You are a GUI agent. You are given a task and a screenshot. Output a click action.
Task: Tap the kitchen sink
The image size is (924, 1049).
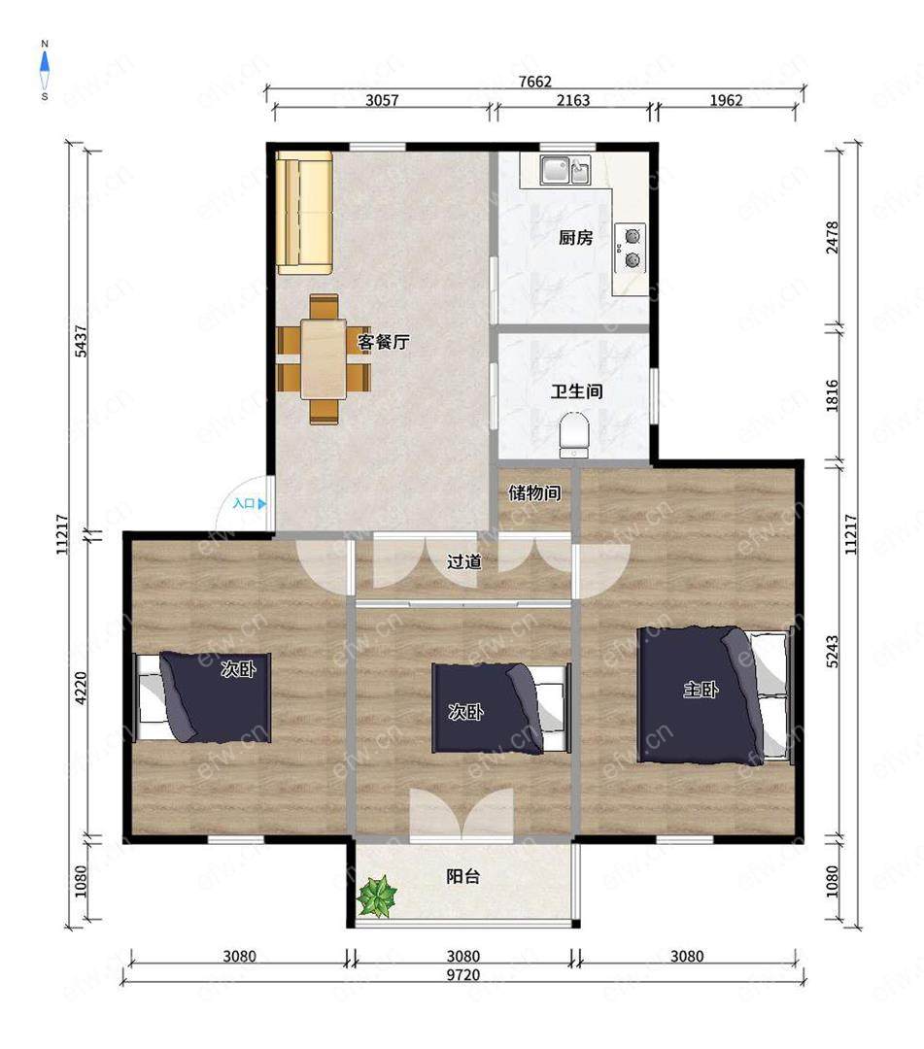(x=565, y=170)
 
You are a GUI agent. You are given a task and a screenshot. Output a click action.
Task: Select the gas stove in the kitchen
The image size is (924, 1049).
(x=631, y=249)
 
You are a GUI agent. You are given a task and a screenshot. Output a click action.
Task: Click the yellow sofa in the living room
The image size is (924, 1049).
(x=305, y=213)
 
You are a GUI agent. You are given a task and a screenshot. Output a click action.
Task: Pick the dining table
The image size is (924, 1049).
(x=324, y=359)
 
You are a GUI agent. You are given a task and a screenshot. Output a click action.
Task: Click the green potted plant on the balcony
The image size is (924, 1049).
(x=377, y=896)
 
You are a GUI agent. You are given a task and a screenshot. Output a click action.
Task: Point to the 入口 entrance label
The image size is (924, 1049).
(x=244, y=504)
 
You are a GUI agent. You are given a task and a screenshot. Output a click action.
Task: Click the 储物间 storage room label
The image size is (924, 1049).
(x=534, y=493)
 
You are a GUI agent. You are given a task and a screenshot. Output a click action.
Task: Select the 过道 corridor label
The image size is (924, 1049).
(x=463, y=561)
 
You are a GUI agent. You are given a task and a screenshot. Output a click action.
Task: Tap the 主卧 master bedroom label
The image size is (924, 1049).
(x=701, y=689)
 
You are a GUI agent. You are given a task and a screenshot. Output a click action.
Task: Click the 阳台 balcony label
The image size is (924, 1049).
(x=463, y=876)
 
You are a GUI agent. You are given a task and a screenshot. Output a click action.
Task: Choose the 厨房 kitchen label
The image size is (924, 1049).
(x=575, y=238)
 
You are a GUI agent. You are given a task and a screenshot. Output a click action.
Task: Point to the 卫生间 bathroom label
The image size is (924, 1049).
(x=577, y=391)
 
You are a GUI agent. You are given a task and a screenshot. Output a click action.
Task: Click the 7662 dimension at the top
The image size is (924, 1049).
(x=535, y=82)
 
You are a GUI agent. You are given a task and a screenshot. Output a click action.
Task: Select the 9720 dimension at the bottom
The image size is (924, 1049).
(x=463, y=975)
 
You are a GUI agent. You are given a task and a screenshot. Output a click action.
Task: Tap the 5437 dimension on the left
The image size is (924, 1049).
(x=81, y=341)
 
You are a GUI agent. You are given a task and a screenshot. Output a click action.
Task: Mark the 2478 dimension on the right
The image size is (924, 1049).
(x=832, y=238)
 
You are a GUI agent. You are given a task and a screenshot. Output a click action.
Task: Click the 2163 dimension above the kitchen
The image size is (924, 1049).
(x=573, y=100)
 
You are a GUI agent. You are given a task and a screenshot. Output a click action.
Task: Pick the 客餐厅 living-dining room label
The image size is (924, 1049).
(x=384, y=343)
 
